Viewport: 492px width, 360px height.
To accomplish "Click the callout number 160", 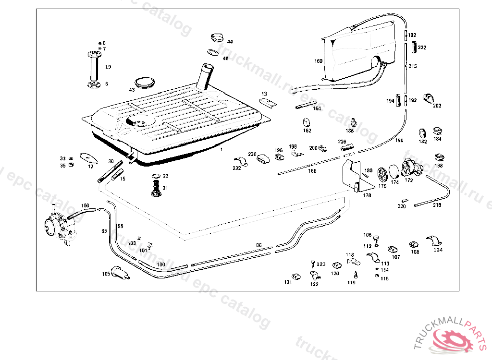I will coord(319,61).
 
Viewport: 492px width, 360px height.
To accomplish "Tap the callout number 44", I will coord(230,42).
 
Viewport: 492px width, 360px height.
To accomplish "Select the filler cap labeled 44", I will coord(218,37).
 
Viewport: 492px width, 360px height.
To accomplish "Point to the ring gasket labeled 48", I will coord(214,52).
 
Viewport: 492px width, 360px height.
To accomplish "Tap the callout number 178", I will coord(367,195).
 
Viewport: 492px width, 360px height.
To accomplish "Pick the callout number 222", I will coord(422,48).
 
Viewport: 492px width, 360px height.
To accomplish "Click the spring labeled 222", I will coord(413,48).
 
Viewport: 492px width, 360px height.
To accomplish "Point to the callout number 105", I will coord(106,274).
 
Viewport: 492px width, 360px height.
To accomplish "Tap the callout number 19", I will coord(108,67).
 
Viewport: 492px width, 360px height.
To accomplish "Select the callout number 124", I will coord(438,250).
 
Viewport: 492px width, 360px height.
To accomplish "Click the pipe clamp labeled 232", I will coord(241,161).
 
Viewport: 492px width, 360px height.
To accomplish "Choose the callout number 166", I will coord(312,171).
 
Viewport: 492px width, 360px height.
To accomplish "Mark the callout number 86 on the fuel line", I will coord(258,245).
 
